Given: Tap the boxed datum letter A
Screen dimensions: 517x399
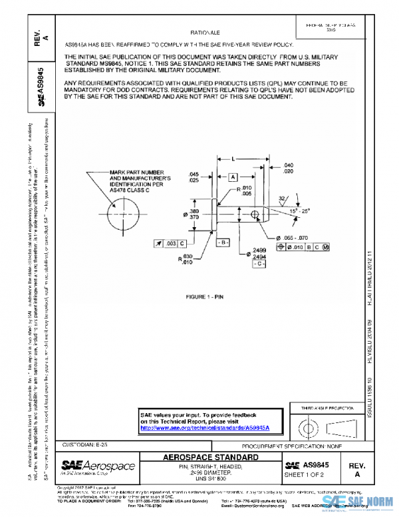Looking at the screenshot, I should (233, 178).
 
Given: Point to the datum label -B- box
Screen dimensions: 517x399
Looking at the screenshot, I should (223, 241).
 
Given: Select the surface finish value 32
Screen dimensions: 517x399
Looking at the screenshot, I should (281, 198).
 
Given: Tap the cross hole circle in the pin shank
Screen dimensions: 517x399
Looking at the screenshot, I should (254, 214).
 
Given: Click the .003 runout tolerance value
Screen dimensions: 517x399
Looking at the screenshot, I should (171, 245).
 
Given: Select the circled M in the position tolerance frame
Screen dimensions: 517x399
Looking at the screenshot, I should (326, 247).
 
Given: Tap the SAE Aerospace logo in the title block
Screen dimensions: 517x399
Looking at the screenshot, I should (98, 465).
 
